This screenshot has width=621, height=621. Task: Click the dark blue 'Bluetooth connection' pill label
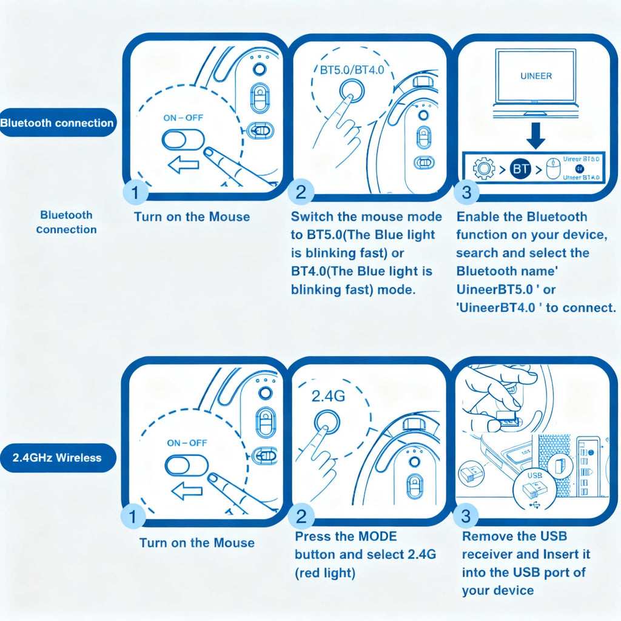(57, 123)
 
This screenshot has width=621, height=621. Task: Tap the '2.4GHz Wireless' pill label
(58, 458)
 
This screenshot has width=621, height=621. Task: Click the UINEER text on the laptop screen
(536, 76)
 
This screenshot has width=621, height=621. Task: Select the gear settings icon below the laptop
(483, 169)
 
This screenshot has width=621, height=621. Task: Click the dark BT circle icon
(520, 169)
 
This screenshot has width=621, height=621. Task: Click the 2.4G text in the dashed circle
(328, 396)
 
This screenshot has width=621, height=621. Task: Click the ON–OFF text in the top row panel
(183, 118)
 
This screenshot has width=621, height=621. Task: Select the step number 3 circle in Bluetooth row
(466, 193)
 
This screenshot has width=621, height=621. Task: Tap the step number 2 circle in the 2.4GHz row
(301, 517)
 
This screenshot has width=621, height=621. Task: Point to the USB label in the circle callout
(535, 476)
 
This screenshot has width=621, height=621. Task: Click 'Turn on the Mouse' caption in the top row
(192, 217)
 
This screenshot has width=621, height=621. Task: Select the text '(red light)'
(325, 572)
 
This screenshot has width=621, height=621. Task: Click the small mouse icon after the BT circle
(552, 169)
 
